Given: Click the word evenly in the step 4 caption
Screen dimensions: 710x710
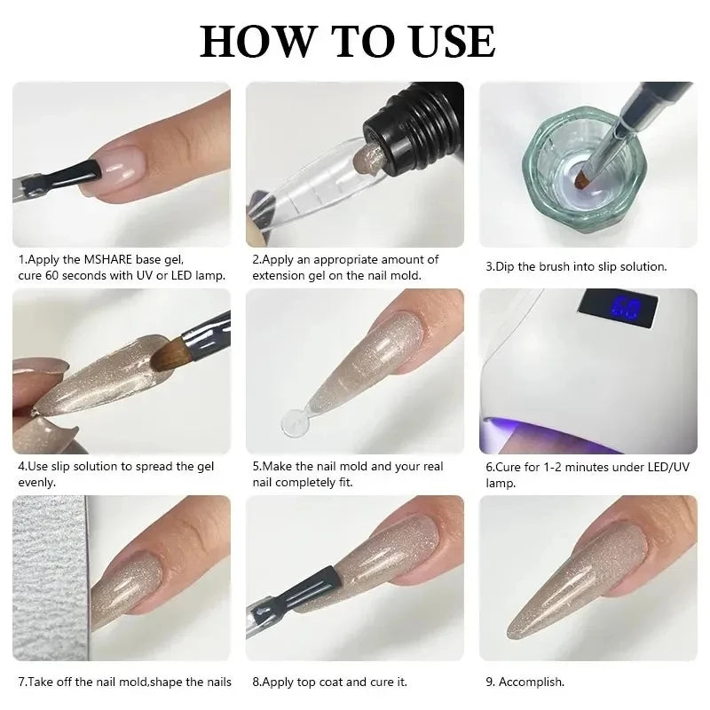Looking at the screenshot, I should click(x=37, y=482).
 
